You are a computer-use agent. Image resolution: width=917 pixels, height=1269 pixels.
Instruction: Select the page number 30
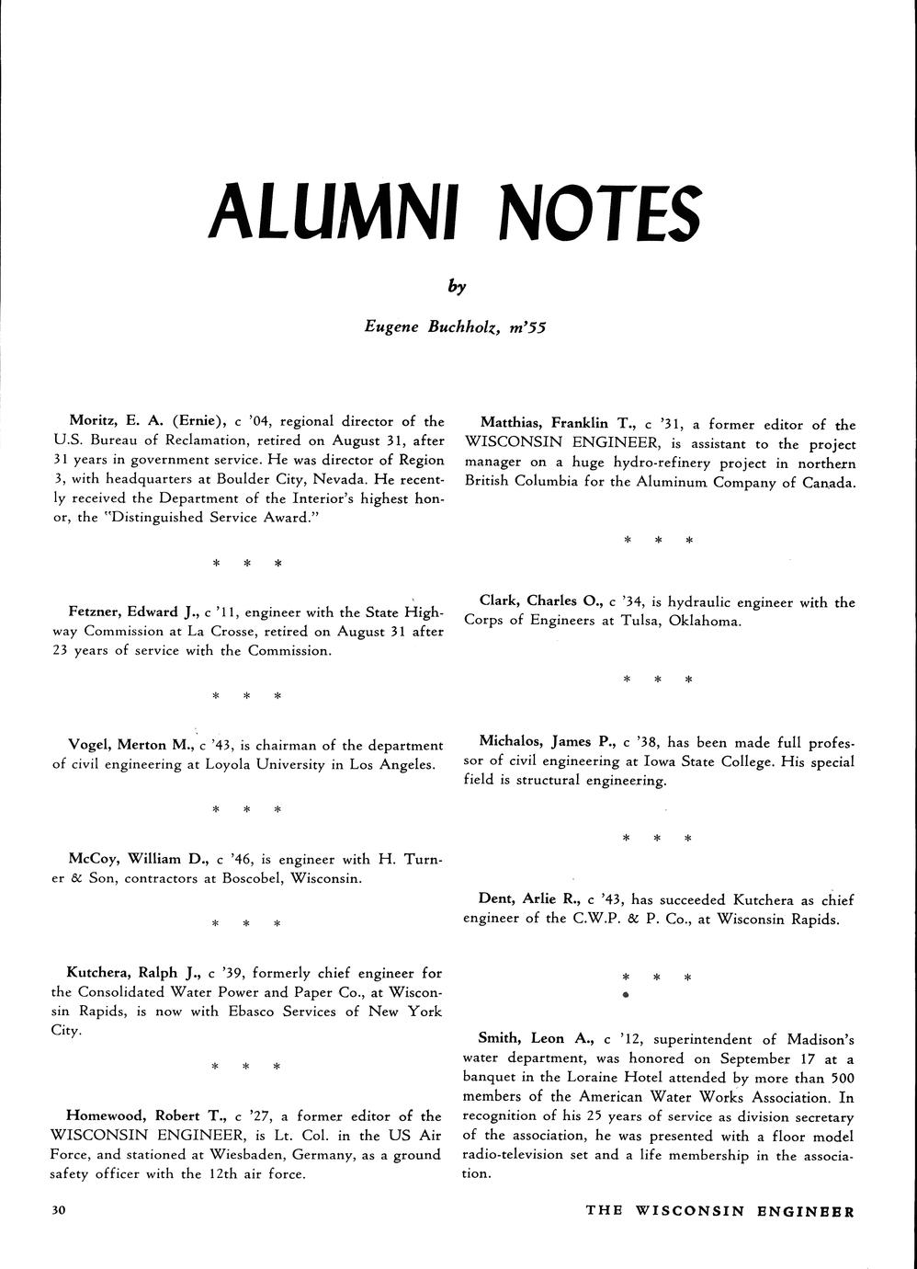(x=60, y=1211)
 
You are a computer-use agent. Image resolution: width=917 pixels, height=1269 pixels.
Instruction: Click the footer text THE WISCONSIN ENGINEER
(x=720, y=1211)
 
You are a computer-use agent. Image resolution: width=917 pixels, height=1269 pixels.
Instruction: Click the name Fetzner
(x=96, y=612)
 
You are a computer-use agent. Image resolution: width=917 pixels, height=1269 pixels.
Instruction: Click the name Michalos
(x=512, y=741)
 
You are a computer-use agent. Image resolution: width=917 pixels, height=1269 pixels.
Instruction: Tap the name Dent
(x=496, y=899)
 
